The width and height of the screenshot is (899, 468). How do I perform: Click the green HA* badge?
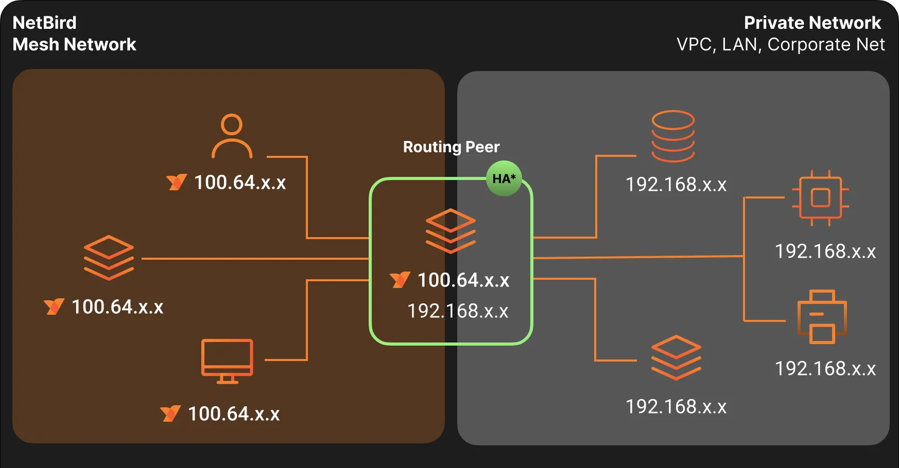tap(504, 178)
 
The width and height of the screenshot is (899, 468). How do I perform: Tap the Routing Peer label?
tap(451, 147)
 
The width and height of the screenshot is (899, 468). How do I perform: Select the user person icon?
tap(232, 136)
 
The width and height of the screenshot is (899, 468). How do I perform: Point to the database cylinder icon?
tap(673, 136)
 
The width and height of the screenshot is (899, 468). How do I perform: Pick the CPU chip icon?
tap(820, 198)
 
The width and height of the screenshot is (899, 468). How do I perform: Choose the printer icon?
tap(822, 317)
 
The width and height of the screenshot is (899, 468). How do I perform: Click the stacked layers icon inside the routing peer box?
tap(451, 231)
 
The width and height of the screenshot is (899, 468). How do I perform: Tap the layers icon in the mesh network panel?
tap(109, 258)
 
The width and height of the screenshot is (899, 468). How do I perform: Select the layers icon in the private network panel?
tap(676, 357)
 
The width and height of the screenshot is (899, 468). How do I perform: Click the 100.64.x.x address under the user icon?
tap(240, 183)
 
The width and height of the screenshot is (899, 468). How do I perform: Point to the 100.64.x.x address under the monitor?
tap(234, 414)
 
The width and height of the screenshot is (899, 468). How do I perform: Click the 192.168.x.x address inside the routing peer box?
tap(458, 311)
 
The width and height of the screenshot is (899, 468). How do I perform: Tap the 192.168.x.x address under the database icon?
tap(676, 185)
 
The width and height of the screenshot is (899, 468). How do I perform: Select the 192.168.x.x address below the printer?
tap(825, 369)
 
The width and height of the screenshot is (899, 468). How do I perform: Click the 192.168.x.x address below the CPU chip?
tap(825, 251)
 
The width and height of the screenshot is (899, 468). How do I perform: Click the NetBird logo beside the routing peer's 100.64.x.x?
tap(400, 280)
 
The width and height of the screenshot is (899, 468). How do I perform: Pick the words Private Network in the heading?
tap(812, 23)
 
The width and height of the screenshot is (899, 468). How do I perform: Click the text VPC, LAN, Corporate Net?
tap(781, 45)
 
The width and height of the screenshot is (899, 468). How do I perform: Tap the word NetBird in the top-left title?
tap(44, 23)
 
